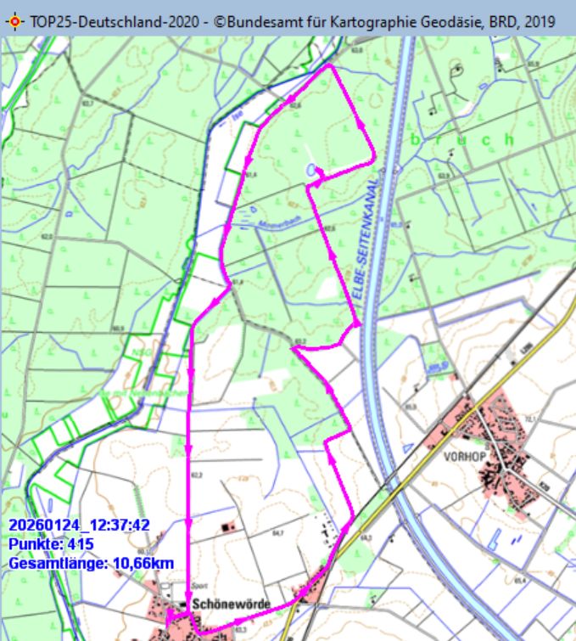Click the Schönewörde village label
(x=232, y=604)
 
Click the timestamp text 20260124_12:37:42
(x=79, y=526)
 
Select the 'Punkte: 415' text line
(x=51, y=544)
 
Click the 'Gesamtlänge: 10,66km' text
(x=92, y=562)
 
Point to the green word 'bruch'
(x=462, y=138)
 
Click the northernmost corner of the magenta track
(x=329, y=66)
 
